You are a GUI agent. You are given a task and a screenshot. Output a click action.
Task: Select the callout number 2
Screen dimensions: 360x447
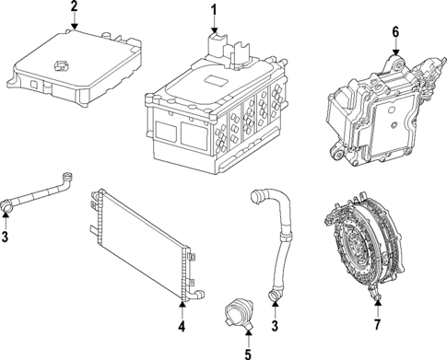74,8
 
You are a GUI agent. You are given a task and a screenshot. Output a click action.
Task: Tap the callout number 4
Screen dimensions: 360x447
182,326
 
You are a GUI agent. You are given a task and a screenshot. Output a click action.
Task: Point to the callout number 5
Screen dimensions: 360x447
246,352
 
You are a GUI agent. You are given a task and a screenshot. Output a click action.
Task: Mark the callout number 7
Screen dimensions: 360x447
377,325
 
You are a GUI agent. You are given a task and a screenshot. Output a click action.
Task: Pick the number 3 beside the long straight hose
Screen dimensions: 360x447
7,238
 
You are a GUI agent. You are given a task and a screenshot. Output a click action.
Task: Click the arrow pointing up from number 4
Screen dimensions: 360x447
182,311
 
